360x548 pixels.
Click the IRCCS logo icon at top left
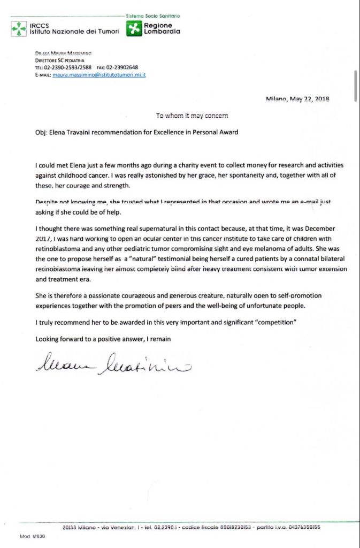click(x=19, y=28)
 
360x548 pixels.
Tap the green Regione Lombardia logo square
click(x=134, y=28)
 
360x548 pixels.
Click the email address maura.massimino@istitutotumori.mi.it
click(x=99, y=75)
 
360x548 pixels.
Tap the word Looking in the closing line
click(x=47, y=339)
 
